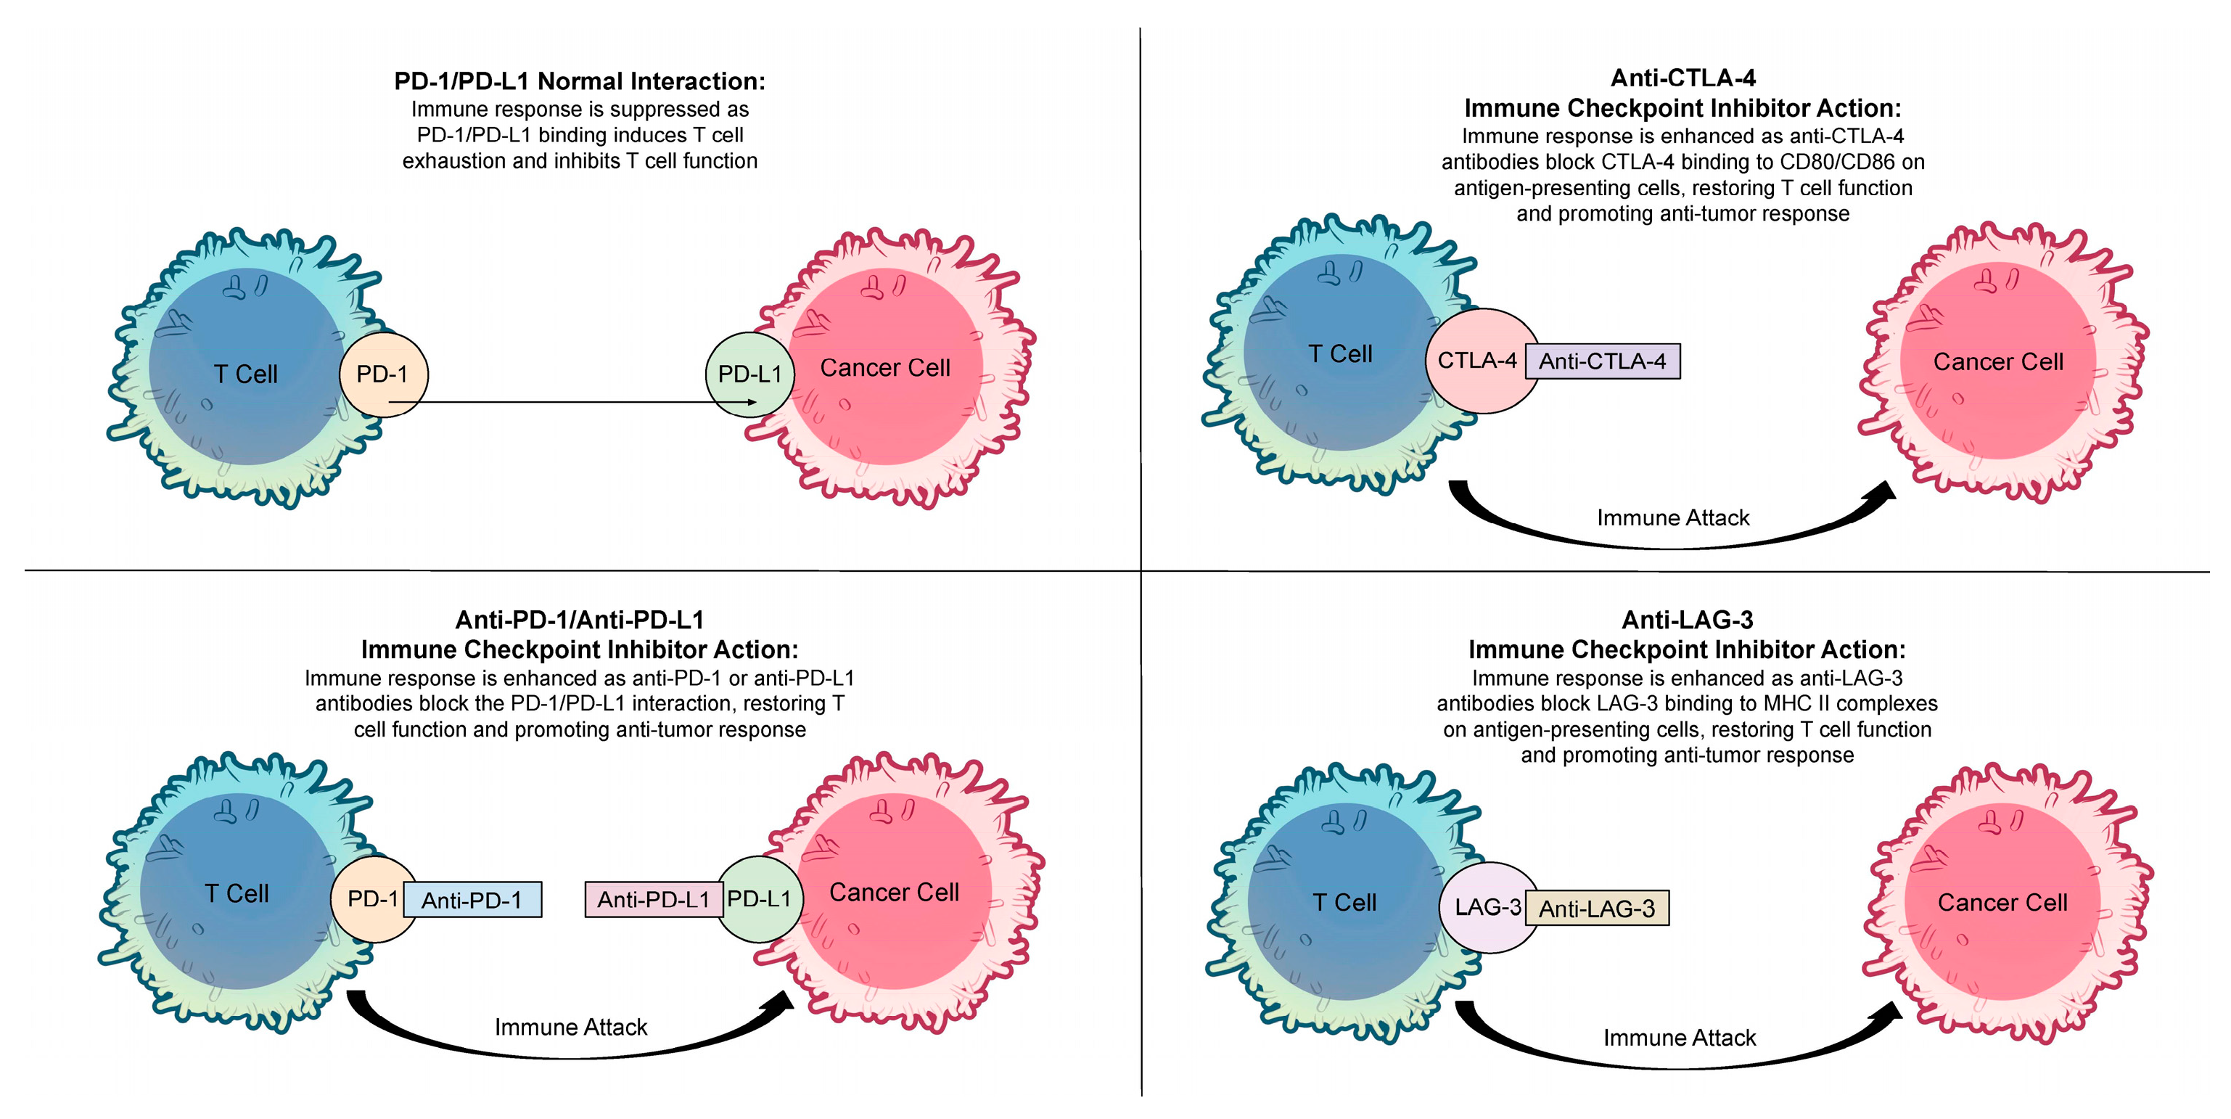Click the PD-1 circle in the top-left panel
(x=383, y=374)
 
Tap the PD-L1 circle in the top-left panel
(x=749, y=374)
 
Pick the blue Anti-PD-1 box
(x=472, y=900)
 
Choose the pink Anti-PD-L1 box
(x=653, y=900)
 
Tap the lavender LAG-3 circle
(x=1486, y=907)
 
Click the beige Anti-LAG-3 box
(x=1596, y=909)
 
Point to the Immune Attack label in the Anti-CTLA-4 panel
(x=1672, y=518)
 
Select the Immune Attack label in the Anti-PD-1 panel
(x=571, y=1027)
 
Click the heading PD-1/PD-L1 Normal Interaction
(x=580, y=81)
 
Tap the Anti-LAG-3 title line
(x=1686, y=620)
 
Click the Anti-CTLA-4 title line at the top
(x=1682, y=78)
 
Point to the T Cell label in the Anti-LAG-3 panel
(x=1344, y=903)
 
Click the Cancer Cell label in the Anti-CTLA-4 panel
(x=1998, y=362)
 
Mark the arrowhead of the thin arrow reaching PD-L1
(x=752, y=402)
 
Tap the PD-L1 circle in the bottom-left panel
(x=760, y=899)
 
